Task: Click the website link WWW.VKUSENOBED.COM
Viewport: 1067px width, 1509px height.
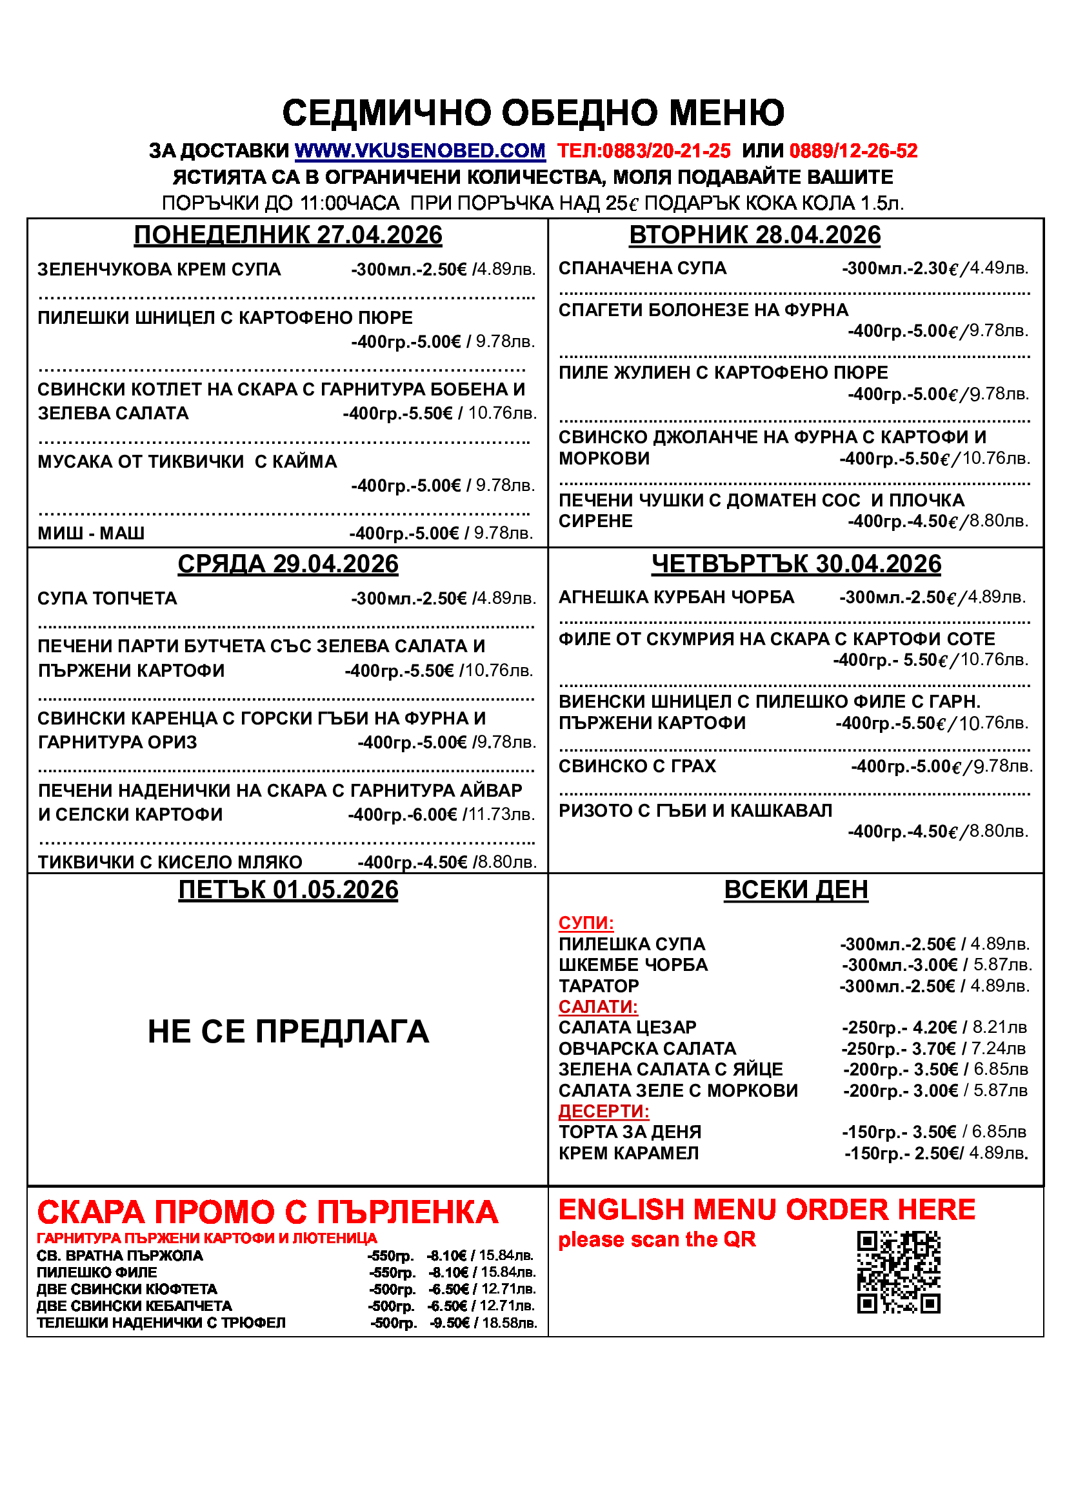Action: click(420, 151)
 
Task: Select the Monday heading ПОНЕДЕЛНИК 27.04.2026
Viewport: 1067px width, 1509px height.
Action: click(288, 235)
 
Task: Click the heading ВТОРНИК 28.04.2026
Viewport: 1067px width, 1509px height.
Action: click(754, 235)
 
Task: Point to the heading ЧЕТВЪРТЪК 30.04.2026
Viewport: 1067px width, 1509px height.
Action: click(795, 564)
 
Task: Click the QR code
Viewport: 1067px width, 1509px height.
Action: click(898, 1272)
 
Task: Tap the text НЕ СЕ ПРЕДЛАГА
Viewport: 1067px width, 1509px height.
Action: click(288, 1031)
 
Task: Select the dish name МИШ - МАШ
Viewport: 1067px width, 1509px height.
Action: click(91, 533)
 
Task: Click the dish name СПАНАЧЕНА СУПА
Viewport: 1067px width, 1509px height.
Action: click(642, 268)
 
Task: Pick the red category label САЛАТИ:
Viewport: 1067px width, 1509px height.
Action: click(598, 1007)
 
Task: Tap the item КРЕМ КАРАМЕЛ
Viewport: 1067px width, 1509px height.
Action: click(628, 1153)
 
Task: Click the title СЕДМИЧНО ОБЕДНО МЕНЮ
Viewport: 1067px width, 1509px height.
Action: click(533, 112)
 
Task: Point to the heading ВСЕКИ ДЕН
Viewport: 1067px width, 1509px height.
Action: click(795, 890)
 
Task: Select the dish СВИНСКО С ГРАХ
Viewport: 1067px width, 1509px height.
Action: click(637, 766)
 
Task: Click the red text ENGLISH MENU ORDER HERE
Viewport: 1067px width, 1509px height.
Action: click(766, 1209)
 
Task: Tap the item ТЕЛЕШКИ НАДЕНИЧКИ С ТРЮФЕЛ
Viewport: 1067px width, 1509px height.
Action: click(161, 1323)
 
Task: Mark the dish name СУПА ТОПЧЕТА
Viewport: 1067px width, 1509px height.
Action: click(107, 599)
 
